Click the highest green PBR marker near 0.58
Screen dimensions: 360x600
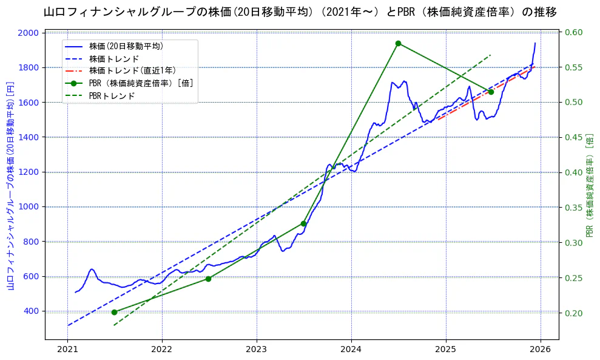coord(398,43)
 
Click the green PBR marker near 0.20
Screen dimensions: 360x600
coord(114,312)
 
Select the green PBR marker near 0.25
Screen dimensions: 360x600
coord(208,279)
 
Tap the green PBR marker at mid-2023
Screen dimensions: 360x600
coord(303,223)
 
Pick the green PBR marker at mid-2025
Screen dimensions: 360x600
coord(491,92)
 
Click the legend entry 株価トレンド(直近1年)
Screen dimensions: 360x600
coord(132,71)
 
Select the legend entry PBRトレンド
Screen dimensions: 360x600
coord(112,96)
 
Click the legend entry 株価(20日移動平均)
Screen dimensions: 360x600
coord(126,46)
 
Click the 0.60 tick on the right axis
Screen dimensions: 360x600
coord(574,33)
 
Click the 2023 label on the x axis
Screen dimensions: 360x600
coord(257,351)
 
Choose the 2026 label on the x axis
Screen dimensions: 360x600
coord(541,351)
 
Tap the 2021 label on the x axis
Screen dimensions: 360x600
coord(67,351)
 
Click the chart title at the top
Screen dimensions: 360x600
coord(300,12)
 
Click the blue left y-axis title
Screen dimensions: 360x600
coord(10,185)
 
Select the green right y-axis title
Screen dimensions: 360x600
coord(589,185)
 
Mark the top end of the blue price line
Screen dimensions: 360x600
coord(535,43)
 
